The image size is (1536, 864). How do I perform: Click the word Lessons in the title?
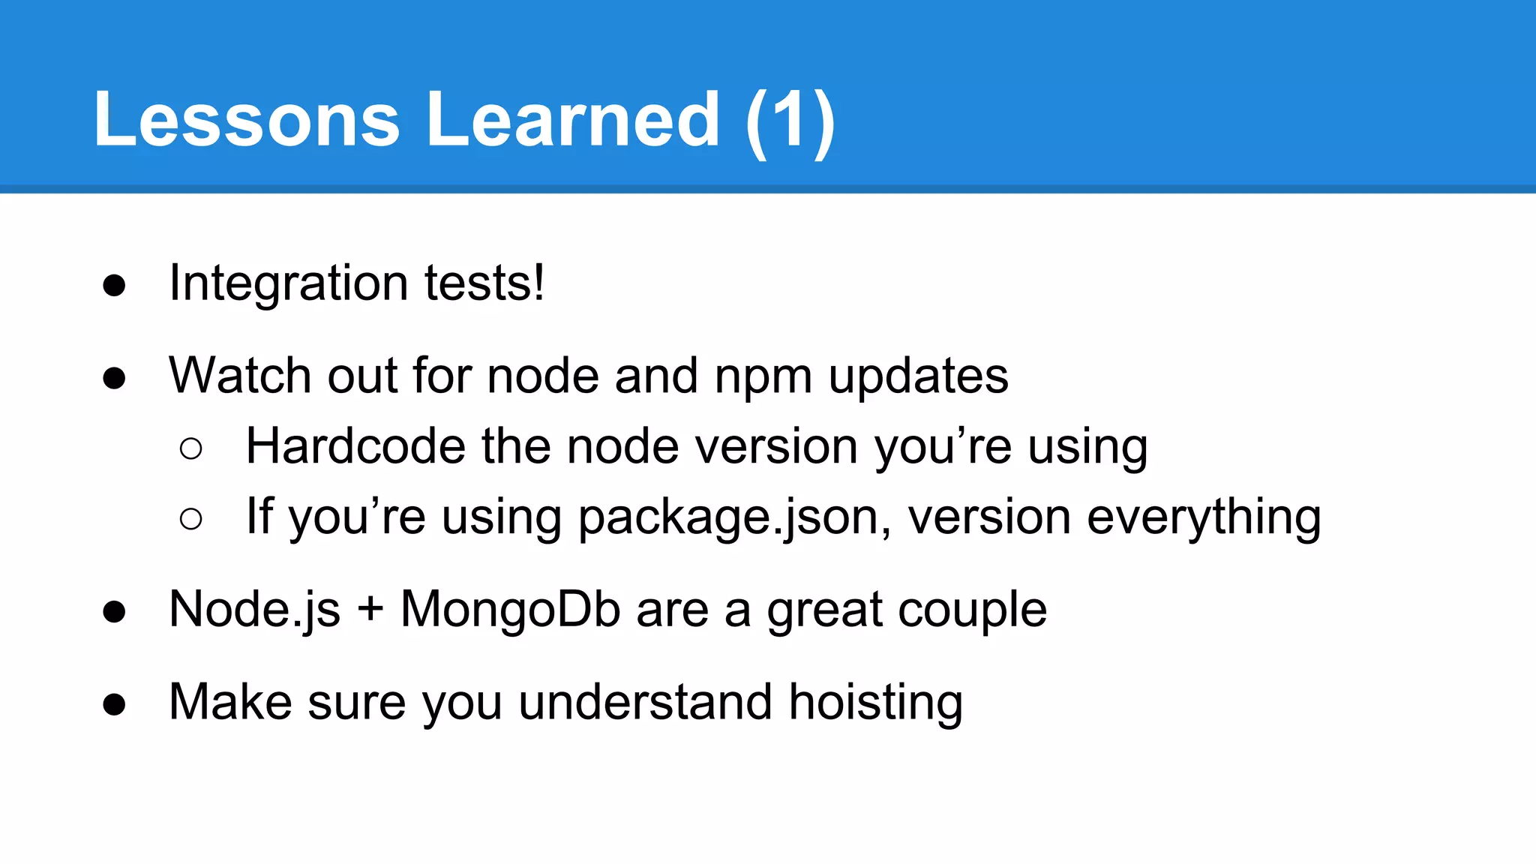[247, 120]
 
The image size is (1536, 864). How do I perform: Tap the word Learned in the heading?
[574, 120]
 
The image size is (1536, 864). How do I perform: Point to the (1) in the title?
[790, 121]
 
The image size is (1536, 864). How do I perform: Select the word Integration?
[289, 283]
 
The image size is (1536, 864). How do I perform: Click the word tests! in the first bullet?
[484, 283]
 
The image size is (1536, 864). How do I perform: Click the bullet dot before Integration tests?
[114, 286]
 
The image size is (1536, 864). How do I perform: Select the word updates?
[919, 376]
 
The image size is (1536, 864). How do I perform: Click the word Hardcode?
[356, 446]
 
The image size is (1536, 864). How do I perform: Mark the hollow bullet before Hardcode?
[191, 449]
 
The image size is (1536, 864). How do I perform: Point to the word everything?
[1204, 518]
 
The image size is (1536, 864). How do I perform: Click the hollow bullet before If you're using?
[191, 519]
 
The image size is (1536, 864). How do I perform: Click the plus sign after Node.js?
[370, 610]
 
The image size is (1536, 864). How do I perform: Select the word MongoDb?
[510, 610]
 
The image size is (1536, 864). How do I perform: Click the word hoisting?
[875, 703]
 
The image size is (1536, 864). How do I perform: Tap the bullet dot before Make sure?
[114, 705]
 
